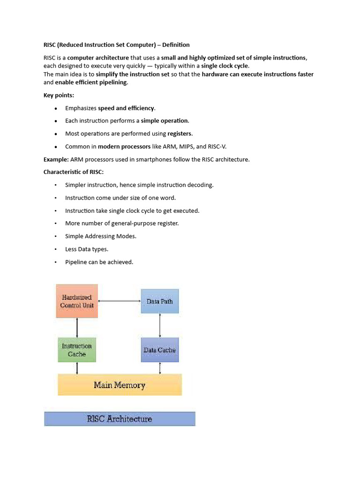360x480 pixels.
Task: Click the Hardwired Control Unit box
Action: (x=77, y=300)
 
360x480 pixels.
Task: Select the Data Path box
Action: (x=159, y=301)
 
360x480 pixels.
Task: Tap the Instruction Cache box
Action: (x=77, y=350)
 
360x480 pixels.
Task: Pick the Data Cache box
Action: (x=159, y=350)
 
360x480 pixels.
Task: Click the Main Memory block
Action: (x=120, y=385)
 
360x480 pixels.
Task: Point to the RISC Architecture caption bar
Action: (x=120, y=419)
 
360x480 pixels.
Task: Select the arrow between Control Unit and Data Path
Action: (x=120, y=300)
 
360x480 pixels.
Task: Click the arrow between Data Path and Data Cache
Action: (x=160, y=325)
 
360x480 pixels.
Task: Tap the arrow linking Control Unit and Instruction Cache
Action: (x=77, y=327)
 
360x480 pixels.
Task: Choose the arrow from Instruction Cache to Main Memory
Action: (x=77, y=368)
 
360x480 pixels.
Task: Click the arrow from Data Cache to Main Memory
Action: (x=160, y=368)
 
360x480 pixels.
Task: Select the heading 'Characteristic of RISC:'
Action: (x=74, y=172)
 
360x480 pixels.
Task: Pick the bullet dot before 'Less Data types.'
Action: (x=56, y=249)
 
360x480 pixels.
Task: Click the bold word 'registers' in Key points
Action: (x=180, y=134)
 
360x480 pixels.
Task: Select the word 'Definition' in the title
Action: (x=176, y=45)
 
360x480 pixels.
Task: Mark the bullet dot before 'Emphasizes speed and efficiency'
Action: (x=56, y=108)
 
